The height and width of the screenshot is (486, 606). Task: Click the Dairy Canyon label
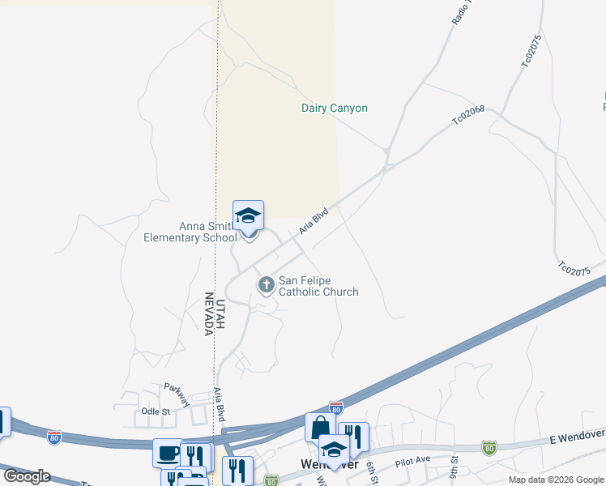point(335,108)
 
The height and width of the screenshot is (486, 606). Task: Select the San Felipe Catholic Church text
point(318,286)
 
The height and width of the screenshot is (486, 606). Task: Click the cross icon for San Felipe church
point(266,284)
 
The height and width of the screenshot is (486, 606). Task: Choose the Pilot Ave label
point(412,460)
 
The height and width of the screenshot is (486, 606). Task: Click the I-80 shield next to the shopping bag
point(336,407)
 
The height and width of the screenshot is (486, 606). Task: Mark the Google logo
point(27,475)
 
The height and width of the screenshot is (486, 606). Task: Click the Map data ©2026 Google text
point(556,480)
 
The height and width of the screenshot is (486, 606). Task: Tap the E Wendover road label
point(576,437)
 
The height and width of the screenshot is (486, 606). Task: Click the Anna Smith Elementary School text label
point(190,232)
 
